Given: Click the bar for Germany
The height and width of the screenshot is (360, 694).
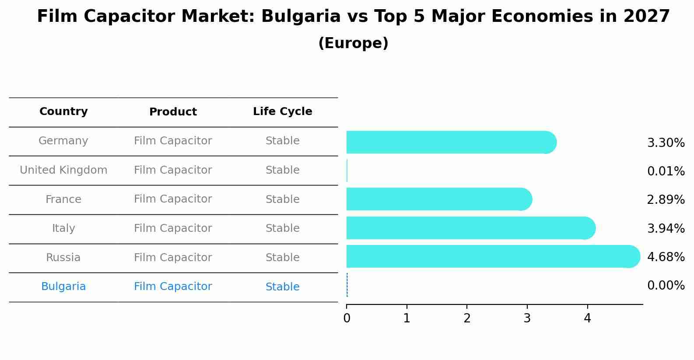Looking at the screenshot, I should [451, 142].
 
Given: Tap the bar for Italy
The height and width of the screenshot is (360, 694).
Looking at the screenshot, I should [470, 228].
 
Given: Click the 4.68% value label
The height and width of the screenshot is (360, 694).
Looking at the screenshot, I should [666, 257].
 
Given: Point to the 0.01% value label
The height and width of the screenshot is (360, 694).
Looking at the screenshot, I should [666, 171].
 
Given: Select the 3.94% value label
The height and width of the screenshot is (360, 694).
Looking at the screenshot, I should [666, 228].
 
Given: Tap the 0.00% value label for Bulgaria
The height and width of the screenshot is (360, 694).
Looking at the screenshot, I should [666, 286].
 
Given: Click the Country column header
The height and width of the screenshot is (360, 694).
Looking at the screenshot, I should [63, 112].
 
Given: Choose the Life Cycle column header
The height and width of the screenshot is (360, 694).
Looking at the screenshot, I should [282, 112].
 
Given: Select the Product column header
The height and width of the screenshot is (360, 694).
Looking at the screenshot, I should [173, 112].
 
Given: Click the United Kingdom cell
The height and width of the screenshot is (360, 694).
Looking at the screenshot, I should [63, 170].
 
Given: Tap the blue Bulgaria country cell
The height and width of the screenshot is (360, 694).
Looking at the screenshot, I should [63, 287].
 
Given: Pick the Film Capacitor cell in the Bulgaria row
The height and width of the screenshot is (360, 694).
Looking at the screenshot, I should [173, 287].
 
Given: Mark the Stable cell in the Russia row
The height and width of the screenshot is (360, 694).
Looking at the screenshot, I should [282, 258].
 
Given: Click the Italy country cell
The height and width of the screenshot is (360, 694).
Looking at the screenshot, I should [63, 228].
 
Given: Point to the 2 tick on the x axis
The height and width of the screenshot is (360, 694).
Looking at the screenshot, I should [467, 318].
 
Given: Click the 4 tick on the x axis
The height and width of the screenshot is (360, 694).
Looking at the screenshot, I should [587, 318].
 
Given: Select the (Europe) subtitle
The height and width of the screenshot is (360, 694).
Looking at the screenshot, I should [353, 43].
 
